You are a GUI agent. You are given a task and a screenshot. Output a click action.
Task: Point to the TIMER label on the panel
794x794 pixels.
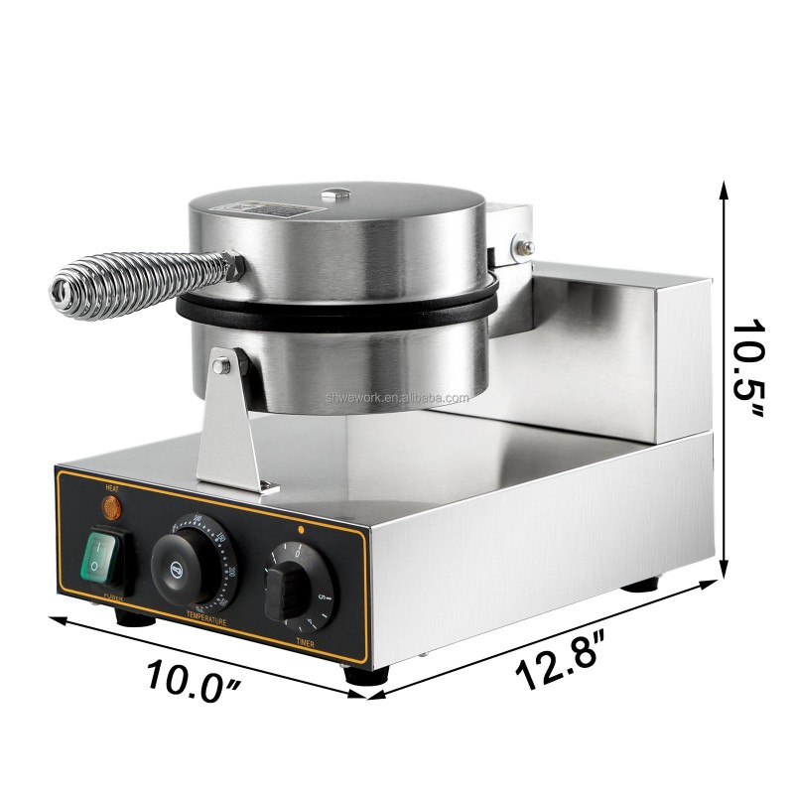click(306, 644)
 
